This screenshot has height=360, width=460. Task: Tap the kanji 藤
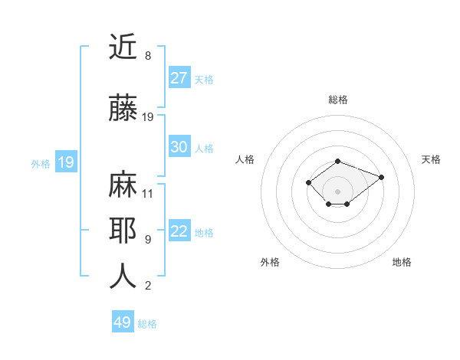[123, 108]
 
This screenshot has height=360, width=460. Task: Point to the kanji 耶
[123, 231]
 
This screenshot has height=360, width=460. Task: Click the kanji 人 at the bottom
[123, 277]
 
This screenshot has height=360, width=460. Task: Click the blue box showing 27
[179, 78]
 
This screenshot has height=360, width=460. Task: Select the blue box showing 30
[179, 147]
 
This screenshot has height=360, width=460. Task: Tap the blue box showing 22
[179, 231]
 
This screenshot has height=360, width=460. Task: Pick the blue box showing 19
[66, 162]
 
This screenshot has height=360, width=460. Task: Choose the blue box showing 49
[123, 322]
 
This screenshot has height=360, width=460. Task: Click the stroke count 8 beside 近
[147, 56]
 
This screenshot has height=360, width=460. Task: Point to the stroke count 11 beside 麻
[148, 193]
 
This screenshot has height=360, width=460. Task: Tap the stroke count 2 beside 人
[147, 286]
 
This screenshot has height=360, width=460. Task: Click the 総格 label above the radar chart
[338, 100]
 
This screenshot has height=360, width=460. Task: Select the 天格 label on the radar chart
[431, 159]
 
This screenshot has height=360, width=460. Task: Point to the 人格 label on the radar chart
[245, 159]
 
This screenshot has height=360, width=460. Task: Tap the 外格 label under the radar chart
[270, 262]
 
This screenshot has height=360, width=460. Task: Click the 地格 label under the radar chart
[402, 262]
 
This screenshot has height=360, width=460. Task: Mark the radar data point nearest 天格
[381, 177]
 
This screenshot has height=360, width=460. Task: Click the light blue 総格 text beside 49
[147, 324]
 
